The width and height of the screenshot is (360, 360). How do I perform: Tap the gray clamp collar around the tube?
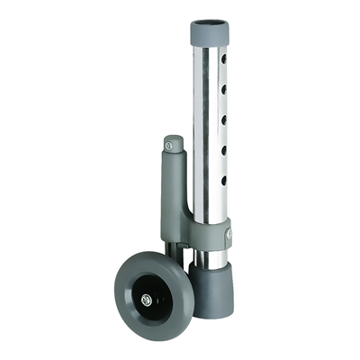pos(212,232)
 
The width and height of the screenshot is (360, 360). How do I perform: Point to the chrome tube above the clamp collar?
pos(209,135)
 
